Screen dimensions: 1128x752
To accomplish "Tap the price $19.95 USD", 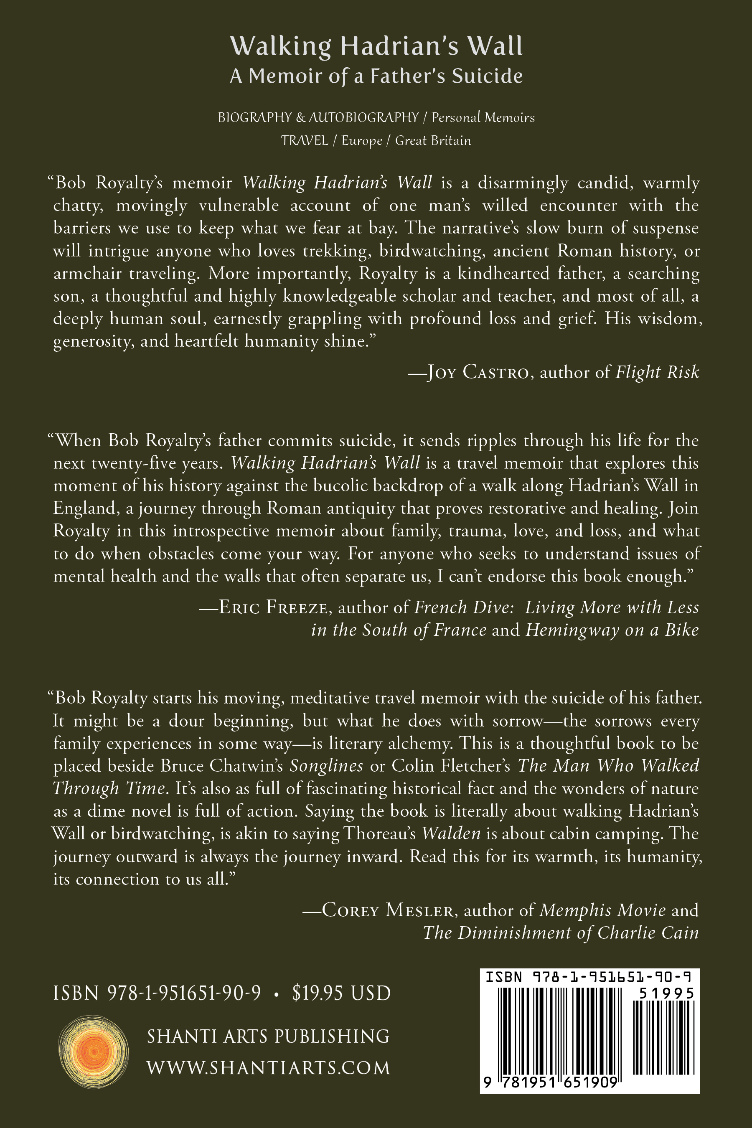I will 341,993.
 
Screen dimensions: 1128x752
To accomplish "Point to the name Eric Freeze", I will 273,607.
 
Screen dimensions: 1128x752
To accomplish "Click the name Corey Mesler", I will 388,910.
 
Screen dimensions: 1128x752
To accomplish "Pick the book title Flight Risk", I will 657,372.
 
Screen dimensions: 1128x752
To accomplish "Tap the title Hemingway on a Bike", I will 612,630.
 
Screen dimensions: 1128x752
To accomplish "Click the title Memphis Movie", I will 602,910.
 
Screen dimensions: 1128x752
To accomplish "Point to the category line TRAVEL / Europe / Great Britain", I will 376,140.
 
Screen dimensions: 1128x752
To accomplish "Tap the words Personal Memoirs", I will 483,117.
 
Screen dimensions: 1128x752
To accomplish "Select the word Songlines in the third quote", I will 326,766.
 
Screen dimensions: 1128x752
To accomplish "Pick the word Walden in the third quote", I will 451,833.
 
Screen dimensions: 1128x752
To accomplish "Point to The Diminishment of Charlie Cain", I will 560,933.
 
